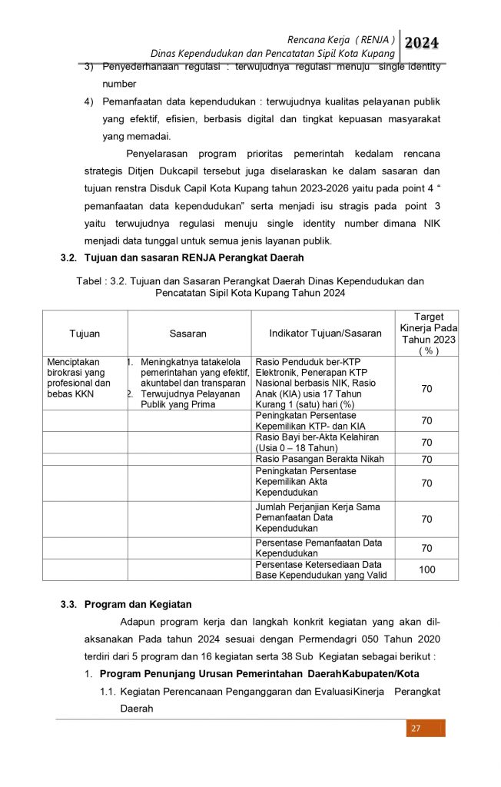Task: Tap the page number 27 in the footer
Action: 416,729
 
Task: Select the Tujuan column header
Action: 85,334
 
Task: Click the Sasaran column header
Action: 188,334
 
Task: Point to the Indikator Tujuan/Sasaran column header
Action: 325,334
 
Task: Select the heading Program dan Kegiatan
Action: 138,604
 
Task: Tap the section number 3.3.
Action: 69,604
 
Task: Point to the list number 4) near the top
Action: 88,101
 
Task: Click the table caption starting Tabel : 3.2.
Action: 250,287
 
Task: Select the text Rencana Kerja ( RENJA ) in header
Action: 341,38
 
